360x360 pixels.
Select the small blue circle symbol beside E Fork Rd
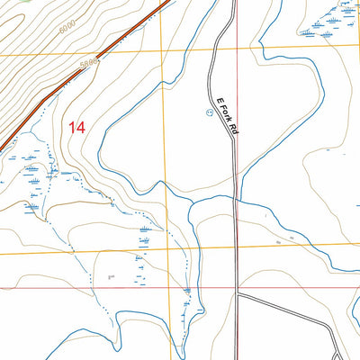210,112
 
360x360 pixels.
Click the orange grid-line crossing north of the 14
163,53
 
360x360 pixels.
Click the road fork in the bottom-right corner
335,338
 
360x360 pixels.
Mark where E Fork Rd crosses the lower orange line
237,247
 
